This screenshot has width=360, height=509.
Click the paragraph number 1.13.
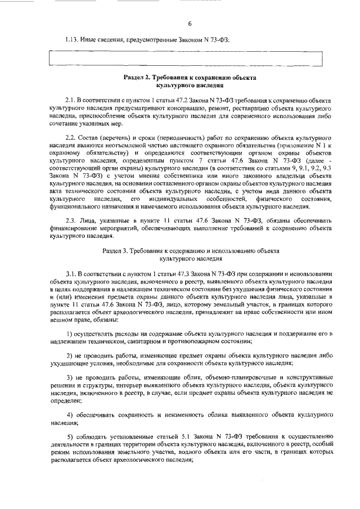click(73, 39)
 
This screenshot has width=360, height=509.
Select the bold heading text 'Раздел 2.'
click(137, 76)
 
